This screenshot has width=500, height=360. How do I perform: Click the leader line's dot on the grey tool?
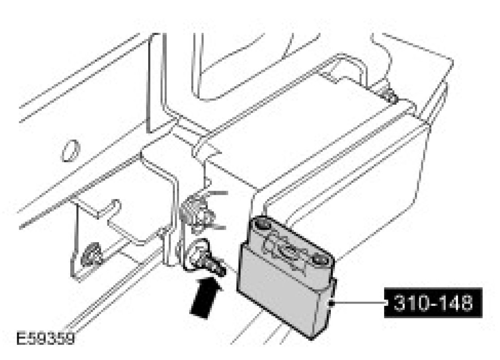pyautogui.click(x=331, y=304)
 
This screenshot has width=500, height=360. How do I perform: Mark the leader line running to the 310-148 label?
pyautogui.click(x=358, y=304)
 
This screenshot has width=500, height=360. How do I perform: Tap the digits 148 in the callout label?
pyautogui.click(x=453, y=304)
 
